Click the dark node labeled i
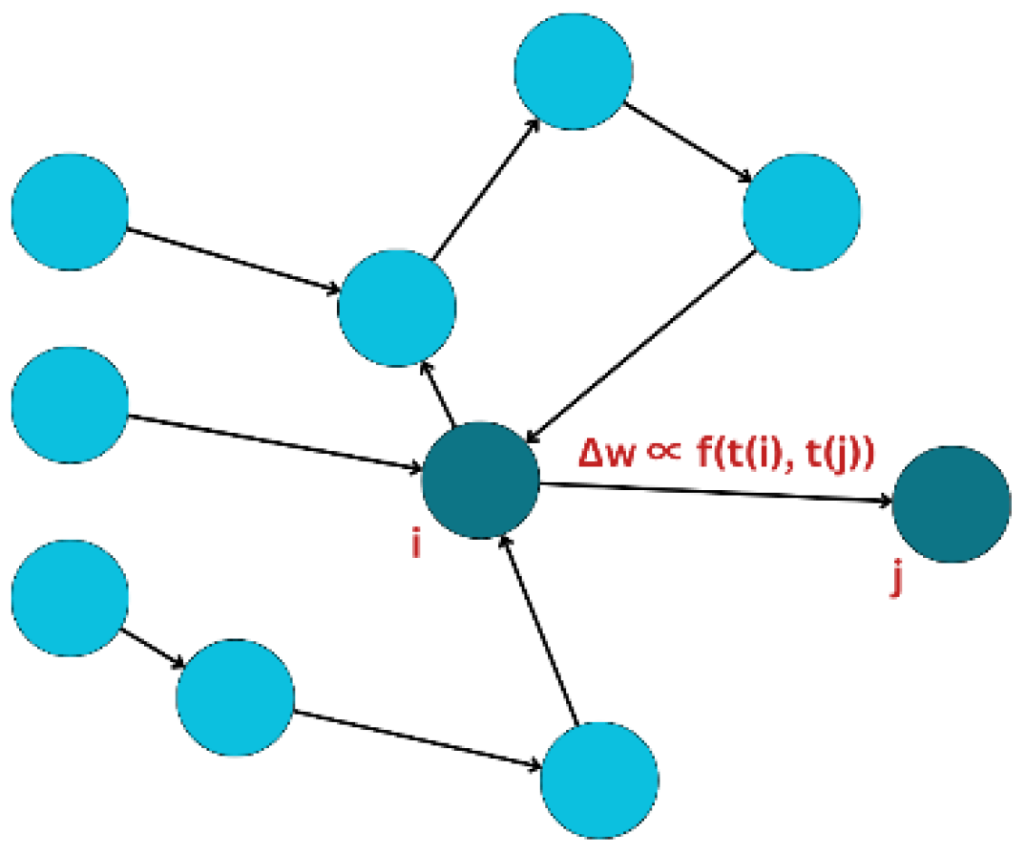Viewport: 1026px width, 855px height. point(481,480)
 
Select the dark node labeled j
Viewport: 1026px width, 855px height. point(951,503)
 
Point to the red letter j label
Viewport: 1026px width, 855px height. point(895,580)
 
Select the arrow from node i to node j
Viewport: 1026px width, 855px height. point(716,492)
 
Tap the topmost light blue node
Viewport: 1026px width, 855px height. point(573,69)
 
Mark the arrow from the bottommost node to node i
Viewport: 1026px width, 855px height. point(539,631)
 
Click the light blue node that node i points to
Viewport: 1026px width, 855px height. point(397,309)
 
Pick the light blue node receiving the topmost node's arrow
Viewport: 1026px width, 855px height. point(802,211)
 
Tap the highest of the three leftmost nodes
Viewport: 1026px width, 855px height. point(70,211)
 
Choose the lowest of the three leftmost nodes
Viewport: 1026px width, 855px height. point(70,597)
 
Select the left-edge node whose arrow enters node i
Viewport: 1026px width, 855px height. point(70,404)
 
